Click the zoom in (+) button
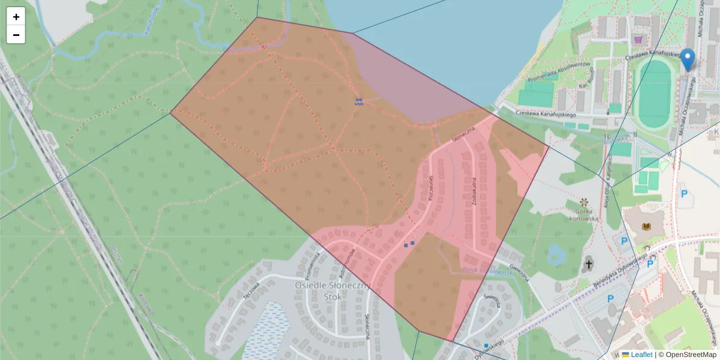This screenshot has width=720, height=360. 16,17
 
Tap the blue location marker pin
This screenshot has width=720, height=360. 688,59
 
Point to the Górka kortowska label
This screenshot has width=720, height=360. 584,214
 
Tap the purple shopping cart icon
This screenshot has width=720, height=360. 637,40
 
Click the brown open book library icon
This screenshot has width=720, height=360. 646,227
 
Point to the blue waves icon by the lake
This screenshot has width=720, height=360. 358,102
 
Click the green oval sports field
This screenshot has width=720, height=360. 654,94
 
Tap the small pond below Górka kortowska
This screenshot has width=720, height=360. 555,255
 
